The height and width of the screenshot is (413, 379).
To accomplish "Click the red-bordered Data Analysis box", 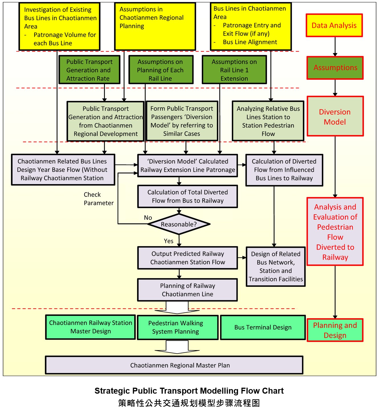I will pyautogui.click(x=334, y=25).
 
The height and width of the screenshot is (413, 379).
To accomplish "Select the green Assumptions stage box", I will pyautogui.click(x=335, y=68).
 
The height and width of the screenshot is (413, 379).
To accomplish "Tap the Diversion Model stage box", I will pyautogui.click(x=335, y=116).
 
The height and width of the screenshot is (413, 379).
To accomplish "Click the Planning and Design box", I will pyautogui.click(x=335, y=330).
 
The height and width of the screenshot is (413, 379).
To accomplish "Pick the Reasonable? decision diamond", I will pyautogui.click(x=179, y=224).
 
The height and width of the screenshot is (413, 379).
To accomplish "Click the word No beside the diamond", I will pyautogui.click(x=148, y=218).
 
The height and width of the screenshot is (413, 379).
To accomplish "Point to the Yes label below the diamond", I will pyautogui.click(x=169, y=241).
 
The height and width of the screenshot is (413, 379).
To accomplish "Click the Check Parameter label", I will pyautogui.click(x=98, y=199).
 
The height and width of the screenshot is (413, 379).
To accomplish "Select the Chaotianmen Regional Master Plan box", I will pyautogui.click(x=174, y=365).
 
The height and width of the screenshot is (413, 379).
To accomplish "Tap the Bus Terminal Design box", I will pyautogui.click(x=263, y=327).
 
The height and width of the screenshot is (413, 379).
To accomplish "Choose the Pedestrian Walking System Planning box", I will pyautogui.click(x=178, y=327).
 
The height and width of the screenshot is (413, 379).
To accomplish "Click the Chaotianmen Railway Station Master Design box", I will pyautogui.click(x=90, y=327).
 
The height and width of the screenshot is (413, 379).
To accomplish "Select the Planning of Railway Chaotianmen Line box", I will pyautogui.click(x=188, y=290).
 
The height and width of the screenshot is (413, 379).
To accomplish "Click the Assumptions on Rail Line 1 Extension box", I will pyautogui.click(x=234, y=70).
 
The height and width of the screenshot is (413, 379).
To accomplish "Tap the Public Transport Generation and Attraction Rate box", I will pyautogui.click(x=89, y=70).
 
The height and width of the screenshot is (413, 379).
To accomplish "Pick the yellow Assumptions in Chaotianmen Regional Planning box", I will pyautogui.click(x=155, y=26).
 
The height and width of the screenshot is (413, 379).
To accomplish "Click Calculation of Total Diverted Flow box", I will pyautogui.click(x=188, y=196).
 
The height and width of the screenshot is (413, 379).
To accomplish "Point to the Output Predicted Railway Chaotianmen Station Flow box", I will pyautogui.click(x=188, y=258).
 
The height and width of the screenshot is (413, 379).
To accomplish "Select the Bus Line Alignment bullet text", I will pyautogui.click(x=250, y=42).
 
